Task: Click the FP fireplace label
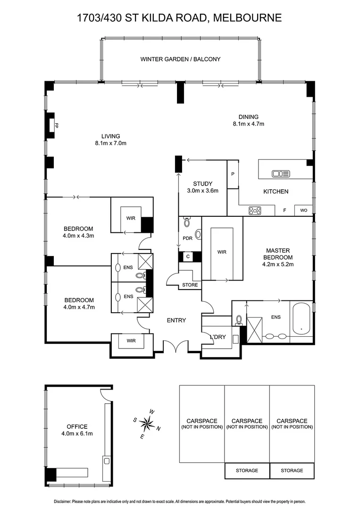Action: [56, 126]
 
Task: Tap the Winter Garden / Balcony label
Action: [180, 59]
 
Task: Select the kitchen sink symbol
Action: [281, 174]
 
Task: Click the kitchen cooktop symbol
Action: [255, 211]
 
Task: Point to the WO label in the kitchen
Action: [303, 211]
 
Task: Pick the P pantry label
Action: [233, 174]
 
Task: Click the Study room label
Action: [202, 184]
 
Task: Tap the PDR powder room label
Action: [187, 238]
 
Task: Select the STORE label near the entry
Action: [190, 285]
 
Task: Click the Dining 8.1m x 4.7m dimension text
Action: [248, 124]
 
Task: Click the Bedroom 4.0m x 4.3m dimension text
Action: [79, 235]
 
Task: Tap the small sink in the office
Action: [107, 460]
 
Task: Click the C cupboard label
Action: [187, 256]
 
